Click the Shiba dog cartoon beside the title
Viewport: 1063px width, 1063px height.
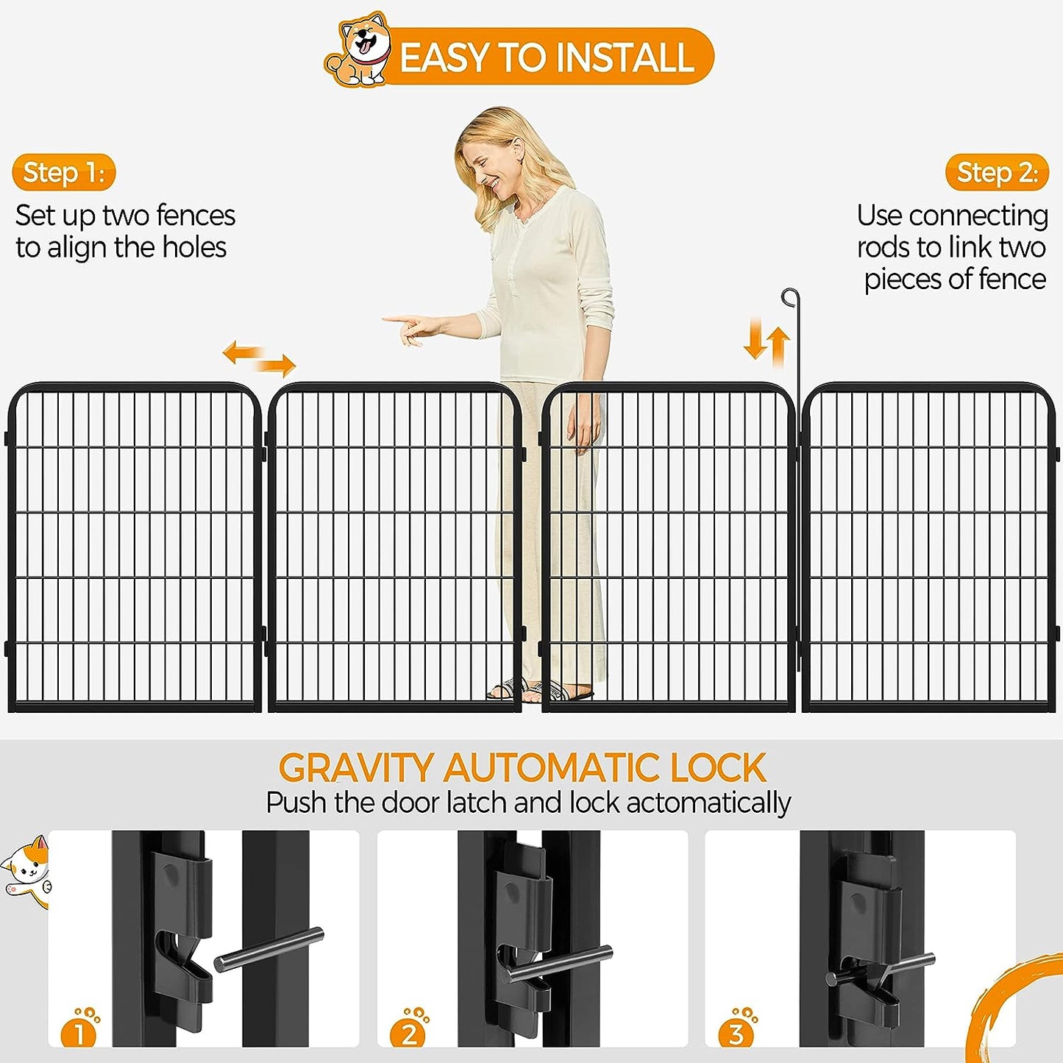[x=358, y=50]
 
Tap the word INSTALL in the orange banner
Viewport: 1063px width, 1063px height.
[x=625, y=57]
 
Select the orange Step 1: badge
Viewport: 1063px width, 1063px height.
[x=64, y=172]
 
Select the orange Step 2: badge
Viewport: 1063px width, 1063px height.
[x=998, y=172]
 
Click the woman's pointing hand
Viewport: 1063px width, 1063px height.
[x=413, y=327]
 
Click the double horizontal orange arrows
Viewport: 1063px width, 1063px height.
[x=259, y=358]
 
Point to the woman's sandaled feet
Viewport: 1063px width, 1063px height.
[x=541, y=689]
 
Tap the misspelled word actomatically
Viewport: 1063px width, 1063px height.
[x=708, y=803]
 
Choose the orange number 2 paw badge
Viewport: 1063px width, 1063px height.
[x=409, y=1027]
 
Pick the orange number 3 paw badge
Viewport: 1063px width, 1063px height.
[x=737, y=1027]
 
